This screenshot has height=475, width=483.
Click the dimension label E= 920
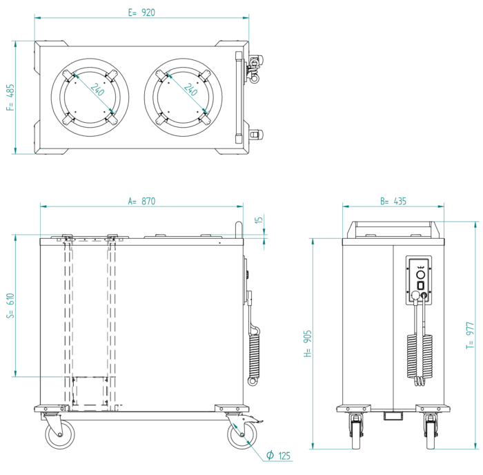click(x=142, y=12)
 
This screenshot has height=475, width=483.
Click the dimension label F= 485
click(x=10, y=98)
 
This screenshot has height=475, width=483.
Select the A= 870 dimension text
click(x=141, y=202)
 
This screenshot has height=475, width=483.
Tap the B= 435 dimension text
click(x=393, y=202)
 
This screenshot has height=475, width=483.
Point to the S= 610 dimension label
click(x=10, y=307)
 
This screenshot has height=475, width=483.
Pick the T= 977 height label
click(x=471, y=336)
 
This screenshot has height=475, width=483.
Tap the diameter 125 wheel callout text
click(x=279, y=456)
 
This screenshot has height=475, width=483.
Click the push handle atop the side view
click(x=239, y=229)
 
